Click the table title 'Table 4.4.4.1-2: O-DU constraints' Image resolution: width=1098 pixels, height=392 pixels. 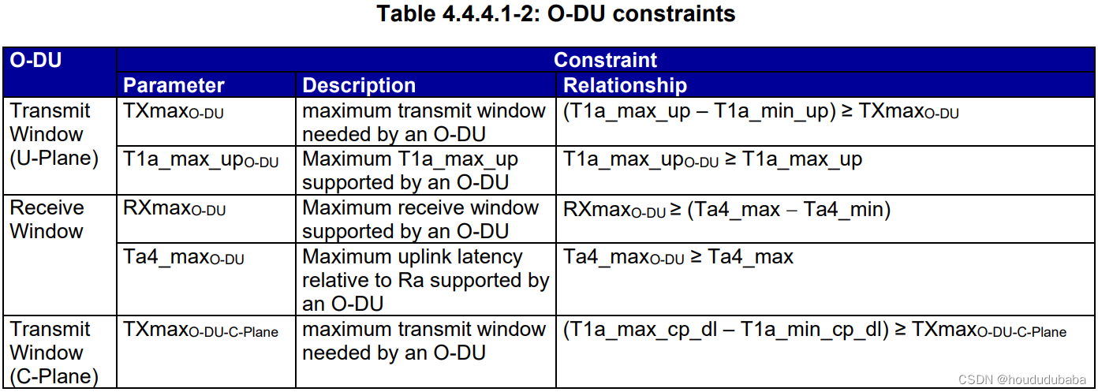pyautogui.click(x=556, y=14)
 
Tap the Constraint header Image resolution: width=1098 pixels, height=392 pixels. pyautogui.click(x=605, y=60)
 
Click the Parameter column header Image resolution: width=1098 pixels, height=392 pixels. pyautogui.click(x=174, y=85)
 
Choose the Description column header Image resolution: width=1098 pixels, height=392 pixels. pyautogui.click(x=359, y=85)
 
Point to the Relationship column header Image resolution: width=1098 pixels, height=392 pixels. pyautogui.click(x=626, y=85)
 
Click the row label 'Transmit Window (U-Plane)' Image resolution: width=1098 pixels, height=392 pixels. pyautogui.click(x=54, y=134)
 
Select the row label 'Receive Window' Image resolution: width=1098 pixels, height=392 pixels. pyautogui.click(x=47, y=219)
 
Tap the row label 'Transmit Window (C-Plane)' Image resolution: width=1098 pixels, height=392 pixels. pyautogui.click(x=54, y=352)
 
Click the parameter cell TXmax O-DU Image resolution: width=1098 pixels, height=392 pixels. pyautogui.click(x=174, y=112)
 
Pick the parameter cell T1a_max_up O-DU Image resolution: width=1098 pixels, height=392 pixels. pyautogui.click(x=201, y=160)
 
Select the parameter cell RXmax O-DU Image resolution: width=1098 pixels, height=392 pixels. pyautogui.click(x=174, y=209)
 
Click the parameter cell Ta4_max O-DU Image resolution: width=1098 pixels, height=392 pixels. pyautogui.click(x=184, y=258)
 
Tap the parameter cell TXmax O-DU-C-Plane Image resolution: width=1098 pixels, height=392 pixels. pyautogui.click(x=201, y=330)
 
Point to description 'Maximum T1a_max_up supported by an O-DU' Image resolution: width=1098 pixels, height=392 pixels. pyautogui.click(x=410, y=170)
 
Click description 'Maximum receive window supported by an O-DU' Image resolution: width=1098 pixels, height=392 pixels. pyautogui.click(x=420, y=219)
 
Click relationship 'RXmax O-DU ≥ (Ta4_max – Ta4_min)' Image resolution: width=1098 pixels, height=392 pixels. pyautogui.click(x=726, y=210)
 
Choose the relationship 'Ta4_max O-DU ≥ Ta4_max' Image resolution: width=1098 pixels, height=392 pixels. pyautogui.click(x=678, y=258)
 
